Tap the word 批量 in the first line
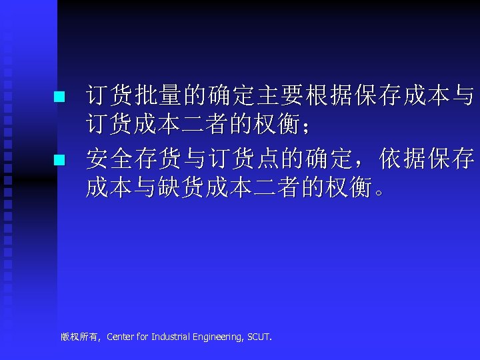(x=158, y=97)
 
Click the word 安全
(x=109, y=159)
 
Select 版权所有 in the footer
(x=78, y=337)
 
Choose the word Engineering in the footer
(x=218, y=337)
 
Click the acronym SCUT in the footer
(x=258, y=337)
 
